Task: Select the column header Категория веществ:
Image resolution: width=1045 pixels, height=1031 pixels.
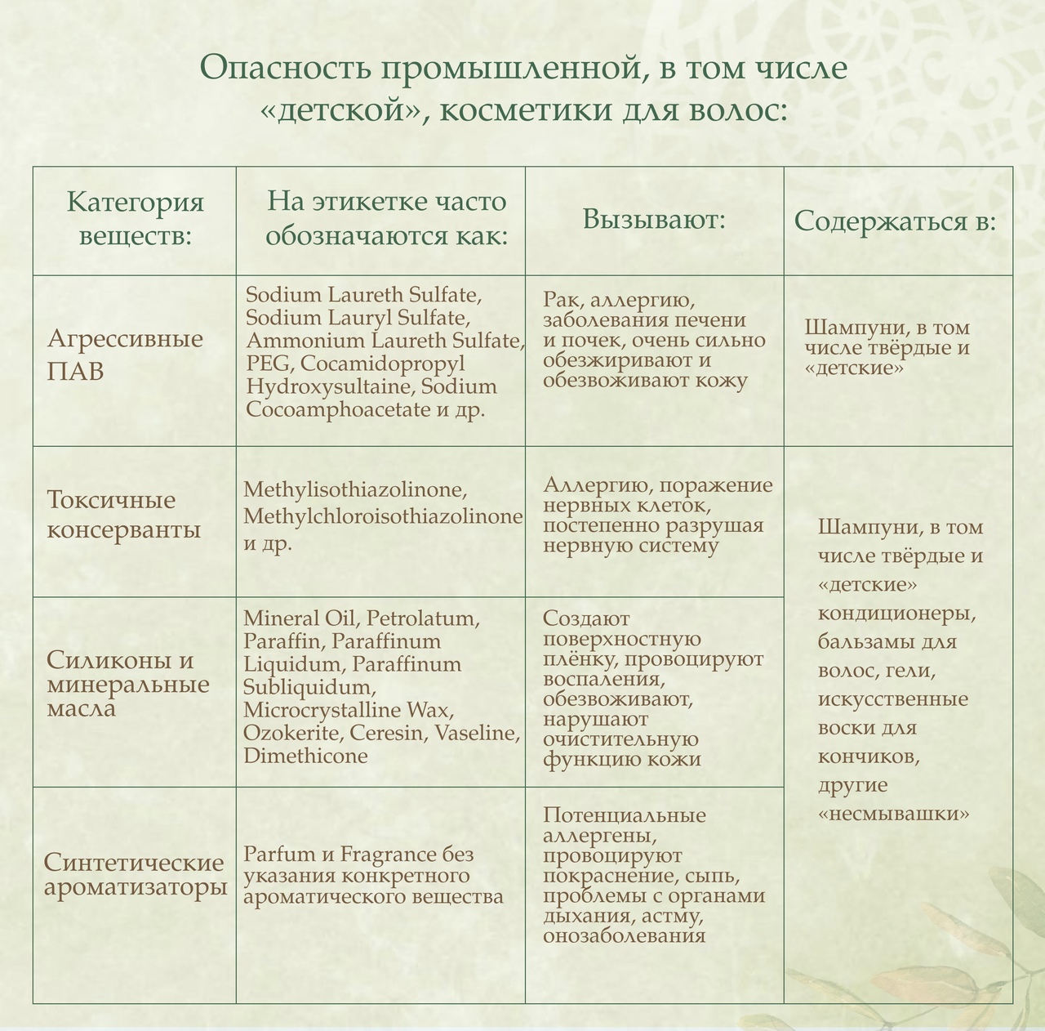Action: pyautogui.click(x=135, y=218)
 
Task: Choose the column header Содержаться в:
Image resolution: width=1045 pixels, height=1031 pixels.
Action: pyautogui.click(x=895, y=221)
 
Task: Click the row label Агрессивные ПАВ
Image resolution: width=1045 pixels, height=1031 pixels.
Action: pyautogui.click(x=125, y=354)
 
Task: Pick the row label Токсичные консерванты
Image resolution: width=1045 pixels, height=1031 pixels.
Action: pyautogui.click(x=123, y=515)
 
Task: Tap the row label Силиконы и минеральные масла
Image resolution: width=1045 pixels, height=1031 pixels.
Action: pyautogui.click(x=128, y=684)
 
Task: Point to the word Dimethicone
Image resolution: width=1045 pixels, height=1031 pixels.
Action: pyautogui.click(x=305, y=756)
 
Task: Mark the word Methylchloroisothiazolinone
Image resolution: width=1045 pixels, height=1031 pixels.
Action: pyautogui.click(x=383, y=516)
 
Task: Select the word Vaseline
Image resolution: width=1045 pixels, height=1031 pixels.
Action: pyautogui.click(x=477, y=733)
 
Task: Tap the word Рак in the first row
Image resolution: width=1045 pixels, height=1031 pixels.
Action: pyautogui.click(x=559, y=300)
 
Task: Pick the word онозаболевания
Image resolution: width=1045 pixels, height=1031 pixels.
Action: pyautogui.click(x=624, y=935)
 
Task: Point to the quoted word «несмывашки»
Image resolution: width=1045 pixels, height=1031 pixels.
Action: pyautogui.click(x=895, y=814)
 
